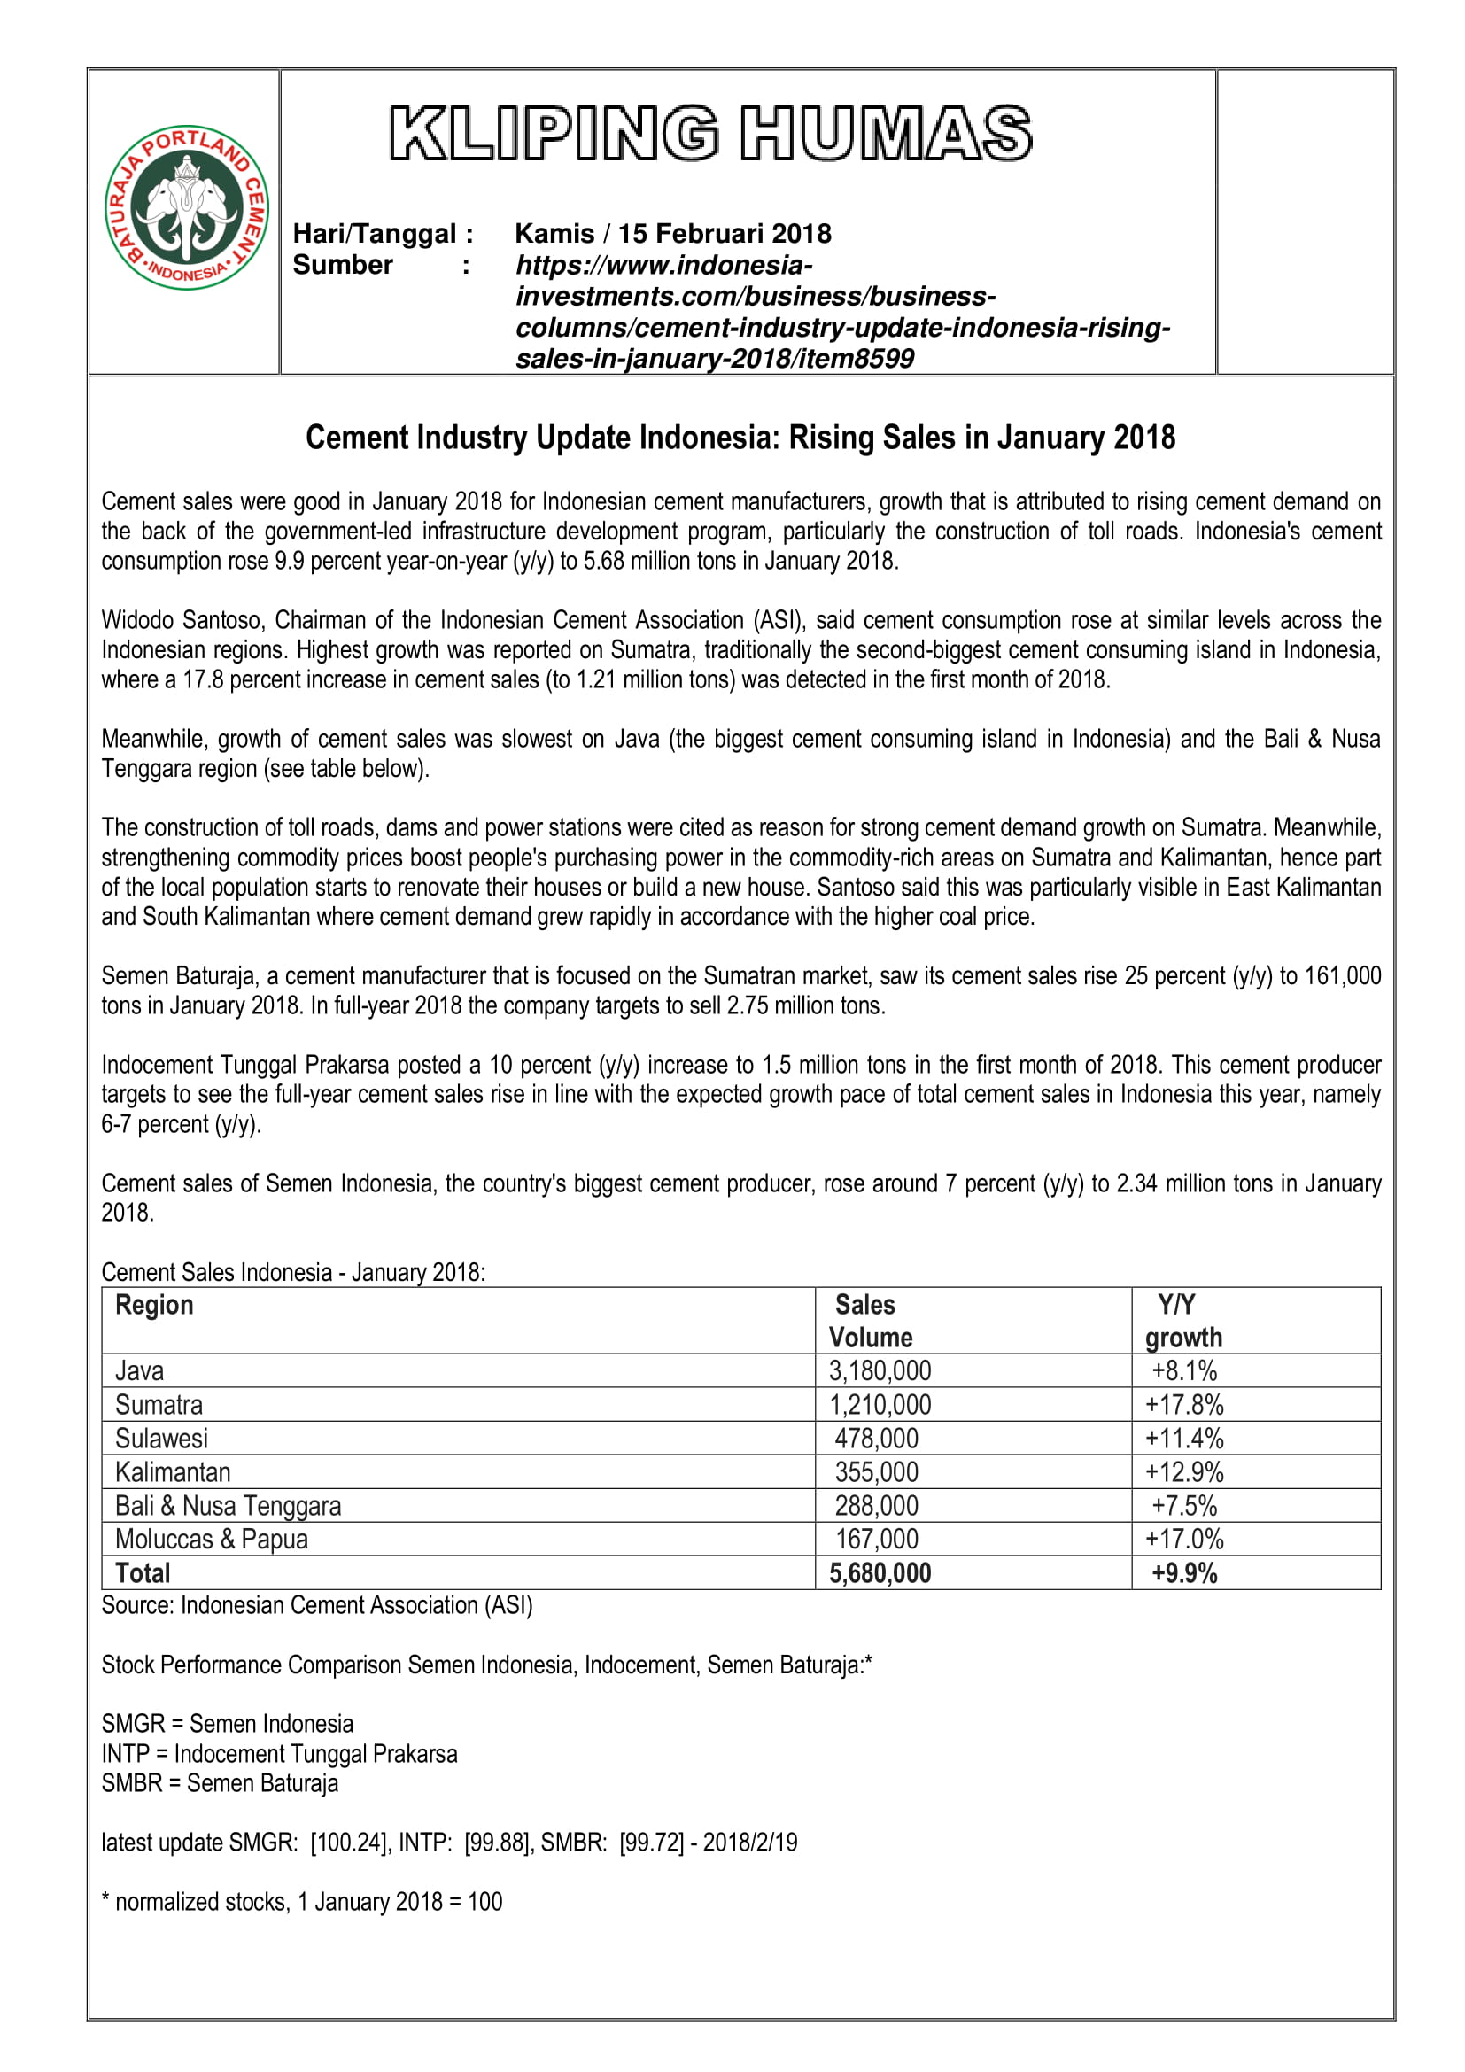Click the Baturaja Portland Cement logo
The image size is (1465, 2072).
[187, 207]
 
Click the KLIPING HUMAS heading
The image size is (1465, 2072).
[711, 134]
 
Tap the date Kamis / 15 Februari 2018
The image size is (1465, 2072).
[672, 234]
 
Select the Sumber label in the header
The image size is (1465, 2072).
[343, 266]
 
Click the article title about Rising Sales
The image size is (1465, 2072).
[740, 438]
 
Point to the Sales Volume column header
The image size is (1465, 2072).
[870, 1320]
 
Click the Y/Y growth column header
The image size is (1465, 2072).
[1182, 1320]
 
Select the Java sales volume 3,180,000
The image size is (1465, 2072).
[880, 1370]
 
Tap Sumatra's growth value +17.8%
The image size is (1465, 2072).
[1183, 1405]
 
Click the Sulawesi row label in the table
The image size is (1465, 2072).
[161, 1439]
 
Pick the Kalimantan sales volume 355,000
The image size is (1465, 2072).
[876, 1472]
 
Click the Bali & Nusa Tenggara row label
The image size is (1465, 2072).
[228, 1505]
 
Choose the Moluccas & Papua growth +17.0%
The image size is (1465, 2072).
[1183, 1539]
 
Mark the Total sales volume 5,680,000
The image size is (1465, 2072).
[880, 1573]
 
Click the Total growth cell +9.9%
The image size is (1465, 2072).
[1183, 1573]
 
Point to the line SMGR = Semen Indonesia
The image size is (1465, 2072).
[228, 1724]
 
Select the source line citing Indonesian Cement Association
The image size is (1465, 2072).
[316, 1605]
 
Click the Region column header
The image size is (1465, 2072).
[154, 1305]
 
